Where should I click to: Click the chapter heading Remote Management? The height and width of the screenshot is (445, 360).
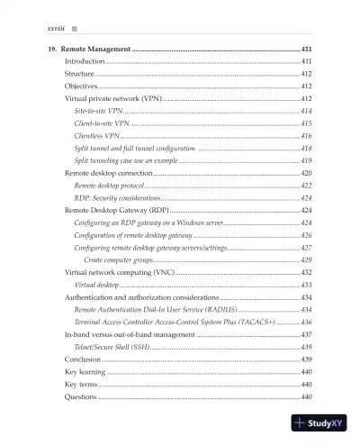click(x=96, y=47)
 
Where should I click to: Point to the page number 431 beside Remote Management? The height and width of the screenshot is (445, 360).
click(x=304, y=47)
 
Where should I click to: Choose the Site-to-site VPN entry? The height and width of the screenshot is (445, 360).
click(x=98, y=109)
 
